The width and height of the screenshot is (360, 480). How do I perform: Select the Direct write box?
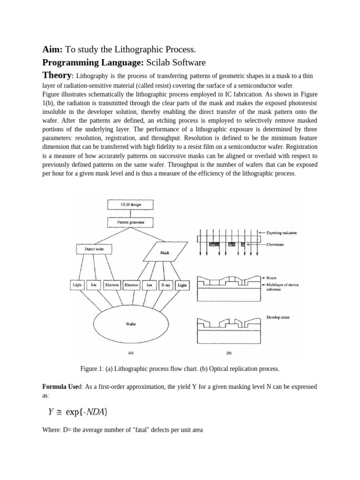[x=94, y=249]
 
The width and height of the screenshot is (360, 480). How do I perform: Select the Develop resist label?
[x=278, y=317]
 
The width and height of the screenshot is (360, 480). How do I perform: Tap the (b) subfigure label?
[x=229, y=353]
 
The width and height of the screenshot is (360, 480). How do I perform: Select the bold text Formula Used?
[x=61, y=387]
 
